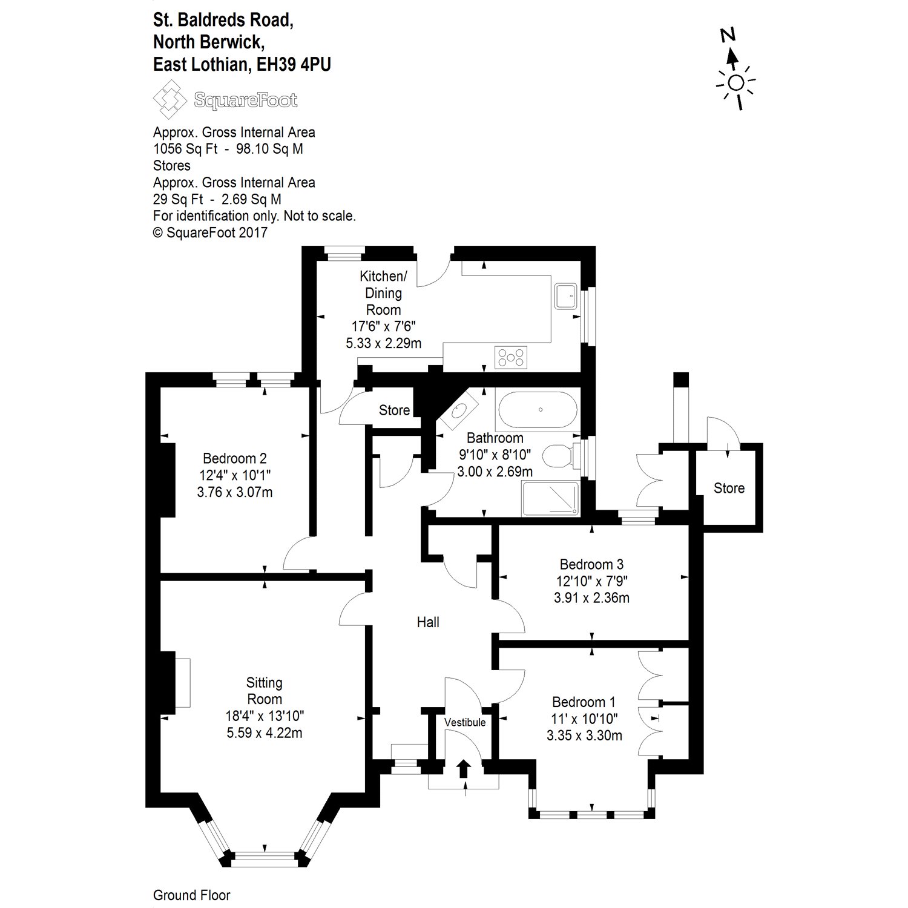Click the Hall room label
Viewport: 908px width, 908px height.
coord(428,622)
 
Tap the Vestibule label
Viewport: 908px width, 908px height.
coord(465,722)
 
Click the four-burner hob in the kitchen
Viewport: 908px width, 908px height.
coord(511,357)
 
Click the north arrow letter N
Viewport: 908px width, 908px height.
coord(728,35)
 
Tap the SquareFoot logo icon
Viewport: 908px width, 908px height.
coord(169,100)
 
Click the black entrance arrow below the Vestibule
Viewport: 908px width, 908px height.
coord(464,768)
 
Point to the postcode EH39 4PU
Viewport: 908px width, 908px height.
coord(294,65)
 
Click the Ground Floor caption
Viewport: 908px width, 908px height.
coord(191,895)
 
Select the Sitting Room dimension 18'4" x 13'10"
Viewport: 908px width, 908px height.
coord(265,716)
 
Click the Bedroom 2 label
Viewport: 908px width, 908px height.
coord(235,459)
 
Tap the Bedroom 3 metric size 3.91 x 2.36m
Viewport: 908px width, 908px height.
coord(591,598)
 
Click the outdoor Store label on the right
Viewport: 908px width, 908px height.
coord(729,488)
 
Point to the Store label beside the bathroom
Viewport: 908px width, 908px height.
coord(394,410)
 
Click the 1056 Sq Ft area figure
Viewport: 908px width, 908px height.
coord(185,149)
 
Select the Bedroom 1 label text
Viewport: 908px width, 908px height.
coord(584,702)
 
